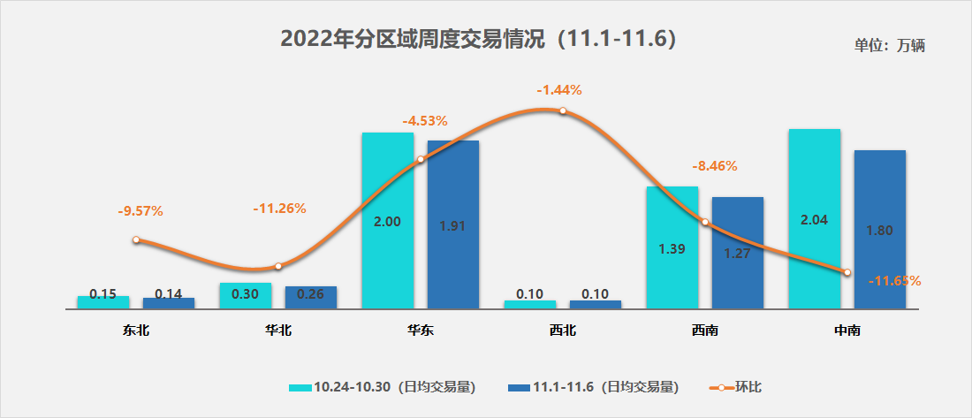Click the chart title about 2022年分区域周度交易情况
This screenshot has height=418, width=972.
click(x=478, y=39)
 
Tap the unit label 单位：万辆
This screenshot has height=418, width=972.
click(x=889, y=46)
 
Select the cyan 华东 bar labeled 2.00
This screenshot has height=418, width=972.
click(x=387, y=221)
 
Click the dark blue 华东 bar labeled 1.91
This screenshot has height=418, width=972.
click(x=452, y=224)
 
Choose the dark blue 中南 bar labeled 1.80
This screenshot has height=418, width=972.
click(x=879, y=230)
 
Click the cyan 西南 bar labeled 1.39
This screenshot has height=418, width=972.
click(x=672, y=248)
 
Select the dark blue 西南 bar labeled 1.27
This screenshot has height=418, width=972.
click(x=737, y=254)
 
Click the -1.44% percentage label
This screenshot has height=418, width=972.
click(x=559, y=89)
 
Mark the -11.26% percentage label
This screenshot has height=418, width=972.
click(x=279, y=209)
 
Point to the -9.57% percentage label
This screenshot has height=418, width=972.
click(x=140, y=211)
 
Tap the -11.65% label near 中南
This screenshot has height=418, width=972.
click(x=894, y=281)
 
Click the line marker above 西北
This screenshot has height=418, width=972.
click(x=562, y=110)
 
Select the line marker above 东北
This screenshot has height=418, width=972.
click(x=136, y=239)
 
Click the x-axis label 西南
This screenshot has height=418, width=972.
click(x=704, y=331)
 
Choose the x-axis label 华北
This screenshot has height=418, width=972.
click(x=278, y=331)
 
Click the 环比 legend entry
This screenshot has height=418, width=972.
click(x=740, y=386)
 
